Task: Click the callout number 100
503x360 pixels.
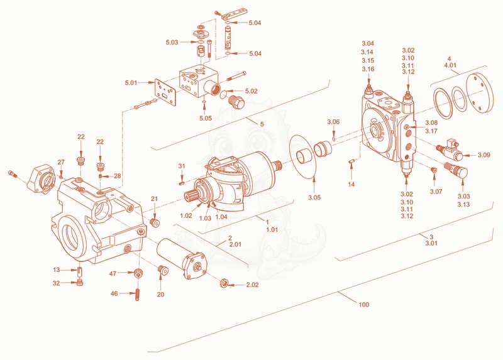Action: click(x=364, y=304)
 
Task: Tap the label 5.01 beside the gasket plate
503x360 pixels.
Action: click(x=131, y=83)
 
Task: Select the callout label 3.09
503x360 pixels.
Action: click(x=484, y=155)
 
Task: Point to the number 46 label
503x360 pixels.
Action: click(x=114, y=293)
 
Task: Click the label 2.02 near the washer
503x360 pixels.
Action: click(x=252, y=285)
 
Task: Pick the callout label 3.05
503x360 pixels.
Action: click(x=314, y=197)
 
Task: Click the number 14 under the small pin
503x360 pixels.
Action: click(x=351, y=184)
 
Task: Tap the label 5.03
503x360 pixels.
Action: click(x=172, y=42)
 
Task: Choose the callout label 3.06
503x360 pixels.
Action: click(x=333, y=122)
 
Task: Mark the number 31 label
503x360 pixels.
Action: click(x=182, y=166)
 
